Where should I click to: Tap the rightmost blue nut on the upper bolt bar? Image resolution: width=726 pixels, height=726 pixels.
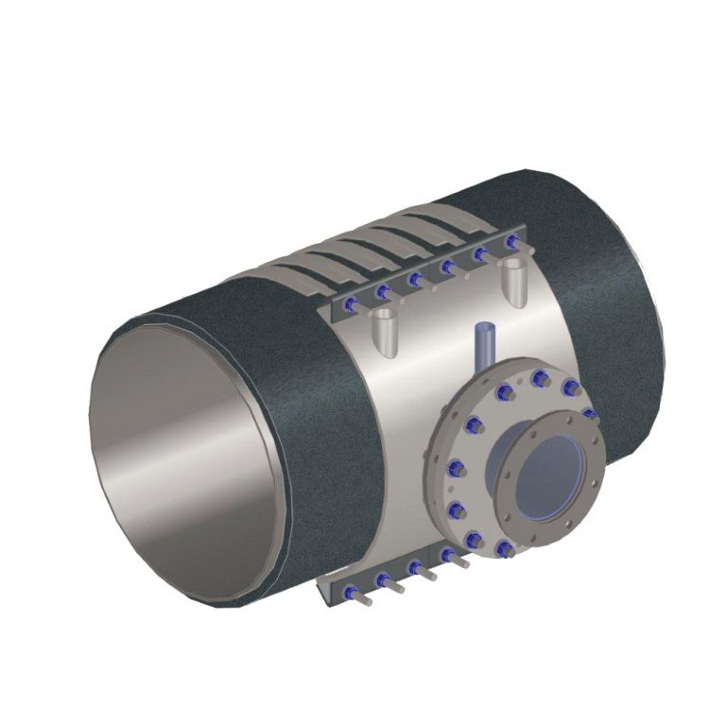511,243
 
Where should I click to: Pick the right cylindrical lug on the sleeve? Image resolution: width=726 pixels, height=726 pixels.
512,281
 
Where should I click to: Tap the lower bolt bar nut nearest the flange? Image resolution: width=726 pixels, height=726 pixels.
446,554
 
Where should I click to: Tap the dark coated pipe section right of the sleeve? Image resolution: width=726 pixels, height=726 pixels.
605,284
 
